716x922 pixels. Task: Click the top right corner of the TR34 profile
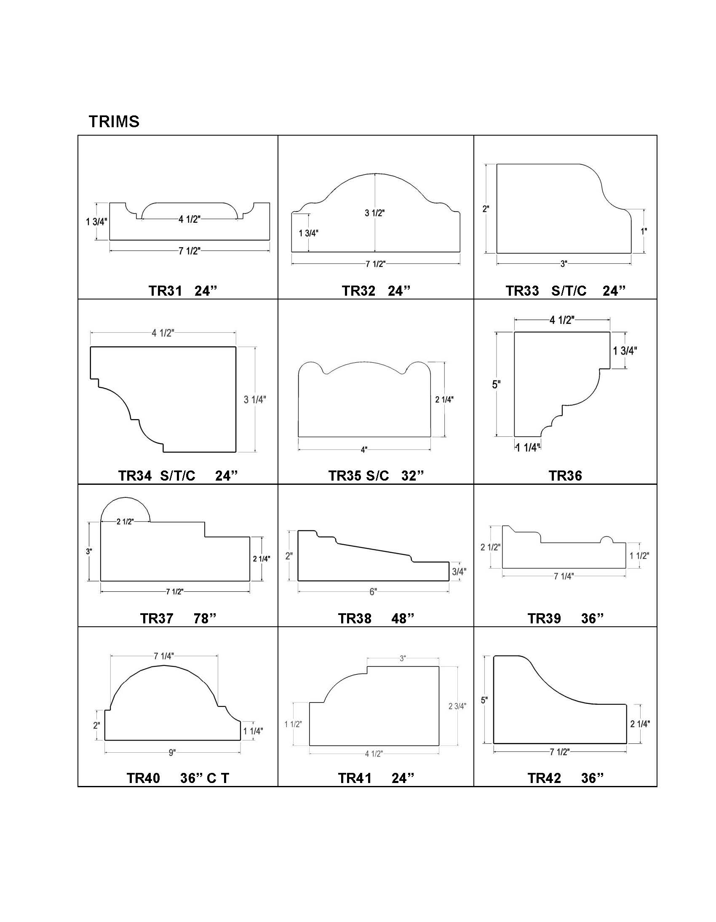[x=235, y=347]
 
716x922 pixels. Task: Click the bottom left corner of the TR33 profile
[x=497, y=253]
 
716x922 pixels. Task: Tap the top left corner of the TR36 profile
[x=514, y=332]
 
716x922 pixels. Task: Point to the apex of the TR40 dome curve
[x=164, y=665]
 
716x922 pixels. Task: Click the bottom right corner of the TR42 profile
[x=626, y=743]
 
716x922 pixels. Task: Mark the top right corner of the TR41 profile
[x=438, y=667]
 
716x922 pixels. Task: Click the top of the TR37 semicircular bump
[x=125, y=497]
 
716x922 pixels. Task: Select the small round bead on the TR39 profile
[x=606, y=539]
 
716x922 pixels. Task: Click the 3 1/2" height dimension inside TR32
[x=375, y=213]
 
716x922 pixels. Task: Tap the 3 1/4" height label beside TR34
[x=255, y=399]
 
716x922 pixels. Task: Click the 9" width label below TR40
[x=172, y=753]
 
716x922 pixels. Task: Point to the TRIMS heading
[x=114, y=122]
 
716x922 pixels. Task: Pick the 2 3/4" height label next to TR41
[x=457, y=706]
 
